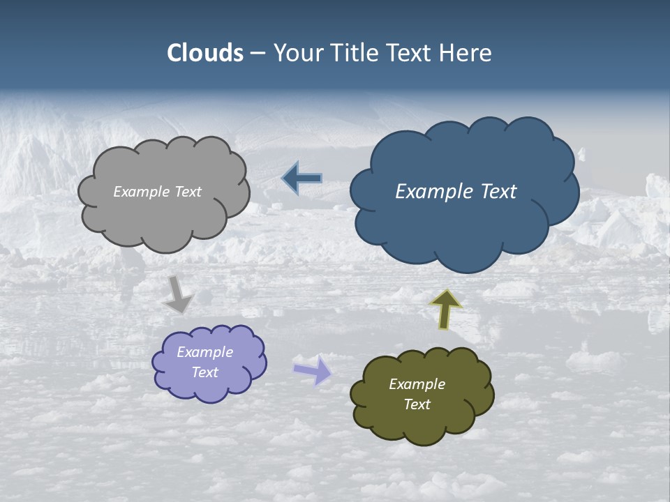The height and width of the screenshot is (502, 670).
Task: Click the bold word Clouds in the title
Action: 205,53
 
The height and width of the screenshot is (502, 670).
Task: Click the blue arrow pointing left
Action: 301,178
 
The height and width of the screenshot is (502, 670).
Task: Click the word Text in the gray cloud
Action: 188,192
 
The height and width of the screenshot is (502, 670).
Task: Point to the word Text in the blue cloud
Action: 498,192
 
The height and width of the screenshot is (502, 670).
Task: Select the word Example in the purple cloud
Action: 205,352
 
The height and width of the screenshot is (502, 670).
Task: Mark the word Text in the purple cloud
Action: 205,372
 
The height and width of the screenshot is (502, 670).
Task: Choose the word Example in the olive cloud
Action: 417,384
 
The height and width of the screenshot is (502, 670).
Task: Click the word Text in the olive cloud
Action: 417,404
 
